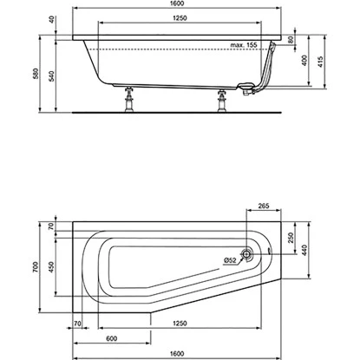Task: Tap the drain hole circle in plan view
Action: coord(247,255)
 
